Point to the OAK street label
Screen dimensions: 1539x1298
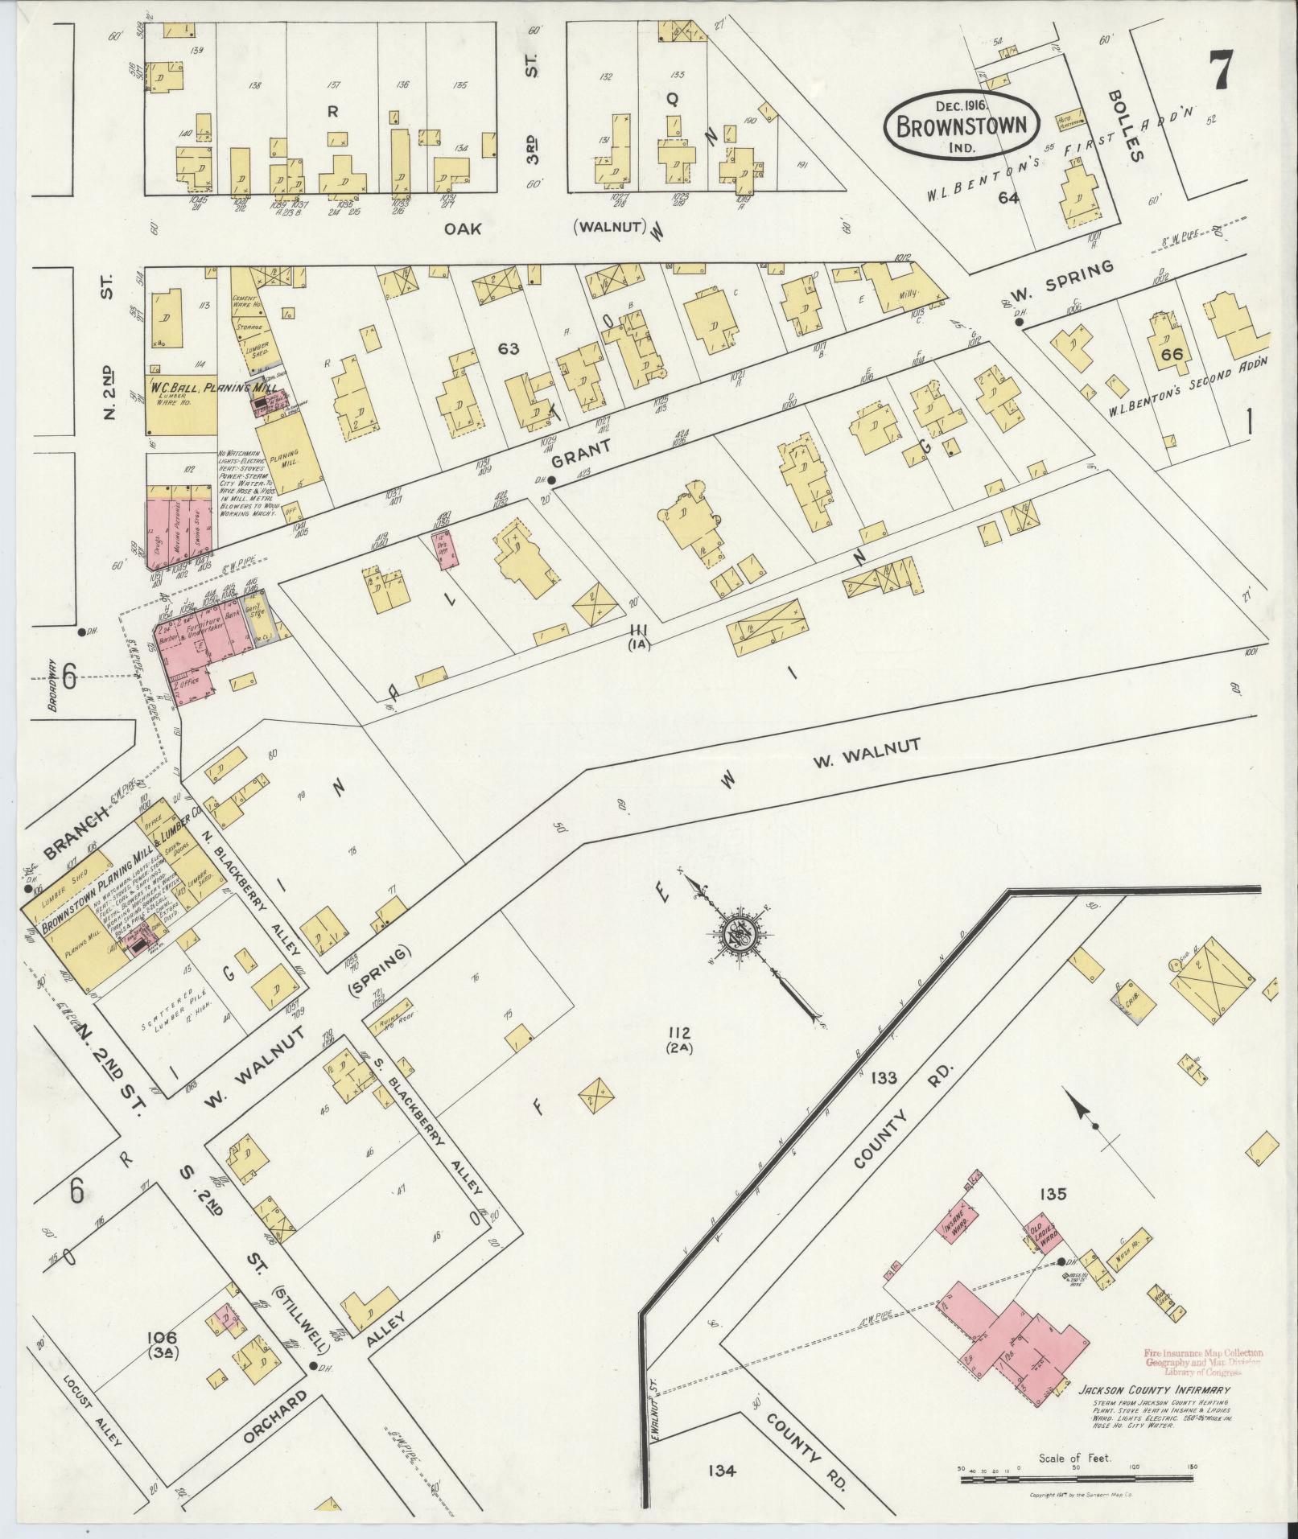click(462, 229)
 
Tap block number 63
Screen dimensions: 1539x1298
click(508, 348)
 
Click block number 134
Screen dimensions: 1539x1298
click(722, 1471)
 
